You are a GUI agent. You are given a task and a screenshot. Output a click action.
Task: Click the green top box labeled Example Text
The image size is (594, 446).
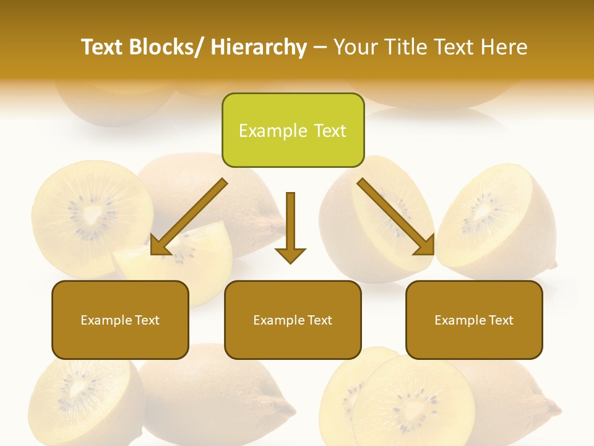coord(293,130)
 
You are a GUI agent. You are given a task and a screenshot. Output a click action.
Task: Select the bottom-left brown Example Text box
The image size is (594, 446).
coord(120,320)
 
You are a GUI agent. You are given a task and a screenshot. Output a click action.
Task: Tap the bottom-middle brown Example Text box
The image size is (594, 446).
coord(293,320)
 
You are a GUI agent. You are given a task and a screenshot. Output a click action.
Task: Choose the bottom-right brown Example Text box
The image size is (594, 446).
coord(474,320)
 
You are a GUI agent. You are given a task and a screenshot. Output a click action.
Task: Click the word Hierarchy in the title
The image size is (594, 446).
coord(259,47)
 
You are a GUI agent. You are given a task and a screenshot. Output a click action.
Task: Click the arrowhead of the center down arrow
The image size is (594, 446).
coord(290,255)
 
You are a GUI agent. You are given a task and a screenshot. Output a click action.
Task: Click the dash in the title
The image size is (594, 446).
coord(320,47)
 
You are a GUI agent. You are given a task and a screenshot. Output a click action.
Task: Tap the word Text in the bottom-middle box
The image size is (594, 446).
coord(319,320)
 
